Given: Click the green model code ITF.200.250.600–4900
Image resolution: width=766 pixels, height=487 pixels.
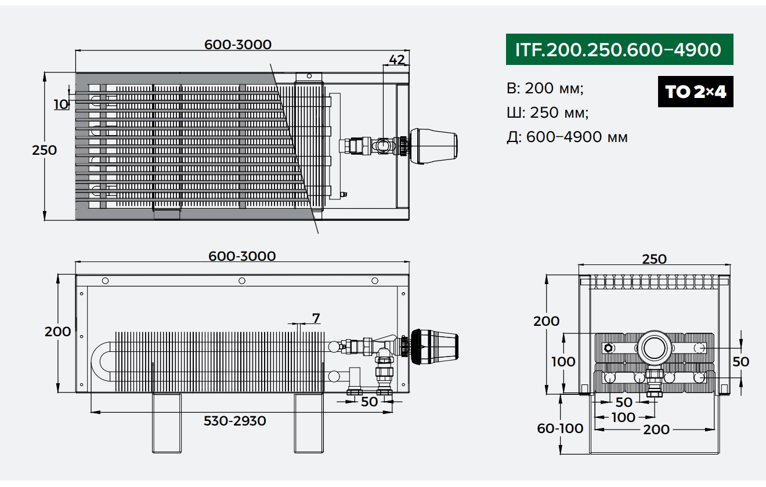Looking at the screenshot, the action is [619, 49].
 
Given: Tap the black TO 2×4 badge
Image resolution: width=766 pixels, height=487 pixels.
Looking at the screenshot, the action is [696, 92].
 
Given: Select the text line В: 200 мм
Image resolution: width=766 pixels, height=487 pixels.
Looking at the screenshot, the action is [545, 89].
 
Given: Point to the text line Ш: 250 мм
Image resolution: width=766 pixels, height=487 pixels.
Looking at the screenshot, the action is [548, 112].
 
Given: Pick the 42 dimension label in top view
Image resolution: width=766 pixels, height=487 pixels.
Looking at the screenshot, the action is [397, 60].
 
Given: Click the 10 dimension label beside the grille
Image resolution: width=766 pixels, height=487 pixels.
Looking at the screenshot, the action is [61, 104].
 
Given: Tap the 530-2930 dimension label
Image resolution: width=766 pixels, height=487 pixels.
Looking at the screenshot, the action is [235, 421].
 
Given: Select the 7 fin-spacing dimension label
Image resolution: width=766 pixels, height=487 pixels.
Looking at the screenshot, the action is [316, 318].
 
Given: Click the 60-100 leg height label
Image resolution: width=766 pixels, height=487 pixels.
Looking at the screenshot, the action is [560, 428].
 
